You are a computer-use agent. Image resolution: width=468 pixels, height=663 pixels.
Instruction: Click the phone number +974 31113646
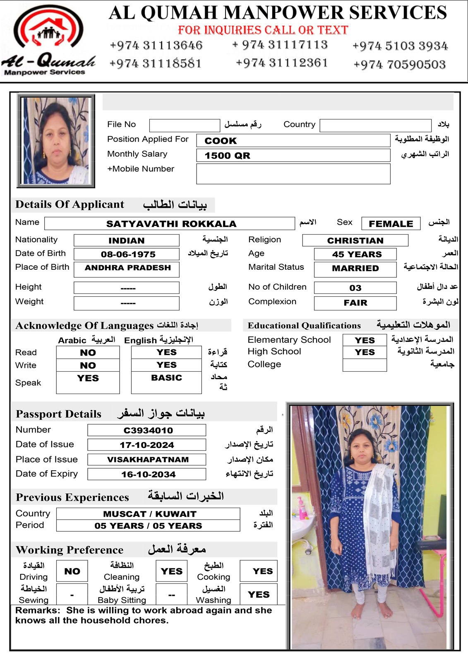coord(156,45)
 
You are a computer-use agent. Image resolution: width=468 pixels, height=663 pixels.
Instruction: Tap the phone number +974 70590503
coord(399,65)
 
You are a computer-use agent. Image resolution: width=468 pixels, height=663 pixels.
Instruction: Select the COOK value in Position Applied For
coord(221,141)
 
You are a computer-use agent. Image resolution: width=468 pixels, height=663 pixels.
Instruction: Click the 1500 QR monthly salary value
coord(227,156)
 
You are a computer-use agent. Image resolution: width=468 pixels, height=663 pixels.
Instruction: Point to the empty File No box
coord(184,125)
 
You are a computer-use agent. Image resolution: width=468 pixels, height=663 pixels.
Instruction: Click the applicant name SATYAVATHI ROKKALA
coord(171,224)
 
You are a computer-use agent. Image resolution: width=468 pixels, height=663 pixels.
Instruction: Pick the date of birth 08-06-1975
coord(128,254)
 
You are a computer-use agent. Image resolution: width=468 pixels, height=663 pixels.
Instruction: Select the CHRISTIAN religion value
coord(355,241)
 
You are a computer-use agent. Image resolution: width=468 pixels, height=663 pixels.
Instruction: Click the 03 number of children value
coord(355,288)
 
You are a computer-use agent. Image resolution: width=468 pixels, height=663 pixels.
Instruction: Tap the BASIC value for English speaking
coord(166,378)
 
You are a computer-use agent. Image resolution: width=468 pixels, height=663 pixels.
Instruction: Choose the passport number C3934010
coord(148,431)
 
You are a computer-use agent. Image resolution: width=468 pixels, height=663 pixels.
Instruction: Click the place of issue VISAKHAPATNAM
coord(148,460)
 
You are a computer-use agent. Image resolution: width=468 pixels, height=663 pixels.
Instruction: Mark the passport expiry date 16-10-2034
coord(148,474)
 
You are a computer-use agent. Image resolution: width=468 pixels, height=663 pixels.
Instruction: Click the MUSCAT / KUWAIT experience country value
coord(149,514)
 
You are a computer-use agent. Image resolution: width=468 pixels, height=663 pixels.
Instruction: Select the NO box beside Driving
coord(72,571)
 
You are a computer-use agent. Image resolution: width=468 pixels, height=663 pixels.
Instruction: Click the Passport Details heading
coord(58,414)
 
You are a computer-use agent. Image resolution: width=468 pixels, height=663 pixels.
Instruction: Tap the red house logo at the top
coord(48,29)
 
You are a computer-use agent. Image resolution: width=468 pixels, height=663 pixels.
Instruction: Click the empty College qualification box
coord(365,365)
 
